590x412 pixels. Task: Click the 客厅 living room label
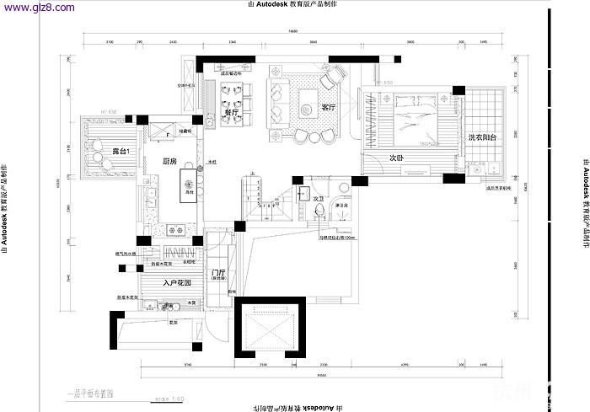pyautogui.click(x=329, y=108)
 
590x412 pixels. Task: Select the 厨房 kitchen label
pyautogui.click(x=169, y=161)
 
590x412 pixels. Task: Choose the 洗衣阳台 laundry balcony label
pyautogui.click(x=482, y=136)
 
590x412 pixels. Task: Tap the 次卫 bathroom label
pyautogui.click(x=319, y=199)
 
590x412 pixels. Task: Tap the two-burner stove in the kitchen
pyautogui.click(x=174, y=228)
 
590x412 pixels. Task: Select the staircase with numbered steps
pyautogui.click(x=265, y=200)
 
